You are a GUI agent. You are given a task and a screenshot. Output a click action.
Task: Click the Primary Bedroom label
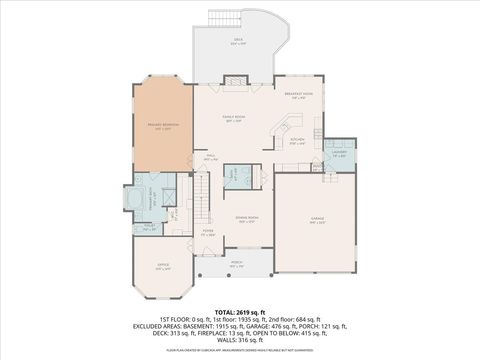click(x=160, y=126)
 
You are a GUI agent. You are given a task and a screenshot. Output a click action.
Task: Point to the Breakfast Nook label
click(x=299, y=96)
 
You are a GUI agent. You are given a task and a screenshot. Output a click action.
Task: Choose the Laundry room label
click(x=339, y=154)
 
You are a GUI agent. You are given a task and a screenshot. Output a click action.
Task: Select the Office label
click(x=163, y=267)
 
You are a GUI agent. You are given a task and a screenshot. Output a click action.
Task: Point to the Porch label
click(x=236, y=265)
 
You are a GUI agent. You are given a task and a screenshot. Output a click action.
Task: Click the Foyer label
click(x=209, y=232)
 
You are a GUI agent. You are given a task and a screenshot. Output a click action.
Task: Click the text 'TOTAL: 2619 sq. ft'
click(x=240, y=313)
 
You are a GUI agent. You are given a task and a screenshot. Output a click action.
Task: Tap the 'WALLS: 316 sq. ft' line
click(x=240, y=340)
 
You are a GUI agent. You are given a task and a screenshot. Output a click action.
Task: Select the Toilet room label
click(x=149, y=227)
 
